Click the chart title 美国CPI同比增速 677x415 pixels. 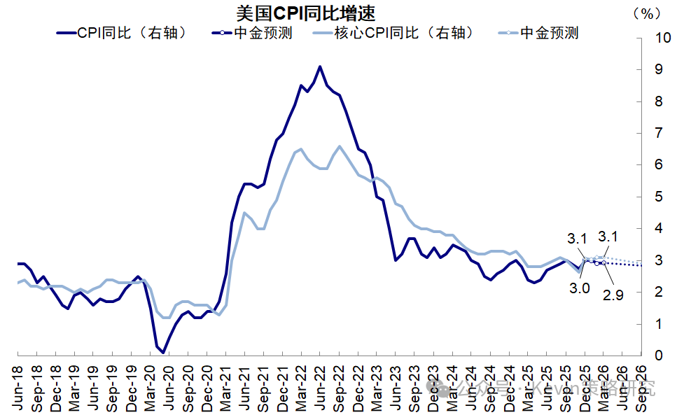[307, 13]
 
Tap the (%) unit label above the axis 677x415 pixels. [647, 13]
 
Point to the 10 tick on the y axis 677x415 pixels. [662, 38]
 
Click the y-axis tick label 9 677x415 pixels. [659, 69]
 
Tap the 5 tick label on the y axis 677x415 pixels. [659, 197]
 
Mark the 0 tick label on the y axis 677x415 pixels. [659, 356]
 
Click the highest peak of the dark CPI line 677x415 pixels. [320, 66]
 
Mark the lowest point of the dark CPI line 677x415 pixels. [163, 353]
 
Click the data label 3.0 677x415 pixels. [579, 287]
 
